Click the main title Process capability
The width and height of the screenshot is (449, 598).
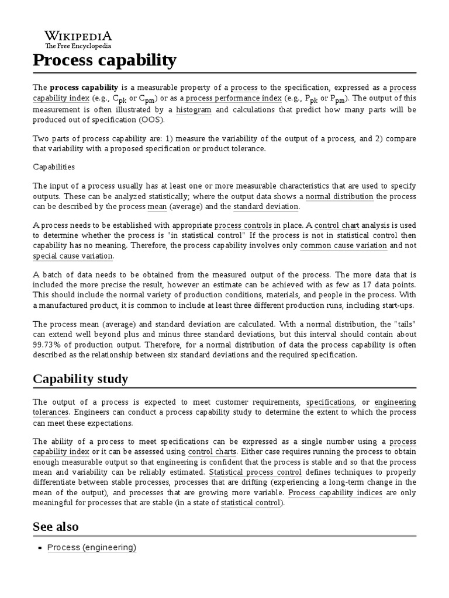coord(104,60)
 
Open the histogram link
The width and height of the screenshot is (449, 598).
coord(194,109)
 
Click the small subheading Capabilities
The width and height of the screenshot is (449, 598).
coord(54,166)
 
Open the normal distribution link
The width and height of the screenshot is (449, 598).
coord(339,196)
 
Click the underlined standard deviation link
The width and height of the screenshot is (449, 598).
coord(266,207)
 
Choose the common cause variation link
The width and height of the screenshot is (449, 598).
coord(343,246)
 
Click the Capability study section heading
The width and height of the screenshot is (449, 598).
coord(80,379)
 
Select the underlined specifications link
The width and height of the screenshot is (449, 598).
coord(330,402)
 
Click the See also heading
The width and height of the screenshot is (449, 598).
coord(56,527)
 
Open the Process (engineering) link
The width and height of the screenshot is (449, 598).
coord(92,547)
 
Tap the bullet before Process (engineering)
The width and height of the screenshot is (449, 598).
coord(40,548)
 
